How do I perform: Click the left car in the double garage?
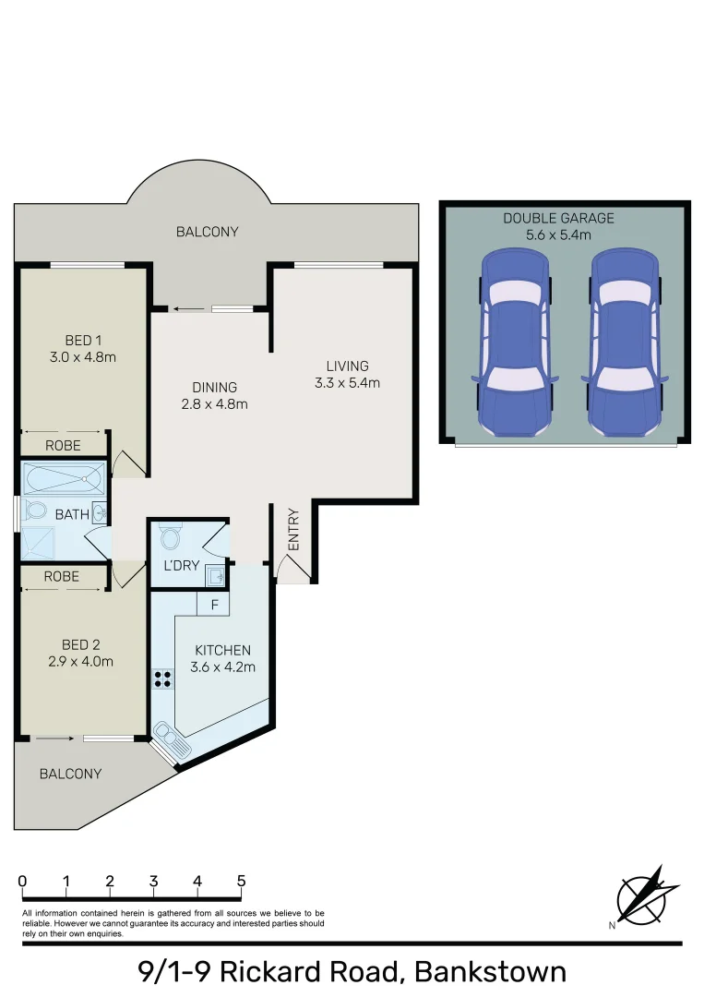pyautogui.click(x=514, y=344)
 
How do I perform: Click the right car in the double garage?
pyautogui.click(x=625, y=344)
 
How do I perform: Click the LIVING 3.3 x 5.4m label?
pyautogui.click(x=346, y=374)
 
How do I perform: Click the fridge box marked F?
pyautogui.click(x=214, y=605)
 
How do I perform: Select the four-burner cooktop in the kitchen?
pyautogui.click(x=163, y=679)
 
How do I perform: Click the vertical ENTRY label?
pyautogui.click(x=293, y=530)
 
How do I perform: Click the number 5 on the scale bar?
pyautogui.click(x=241, y=881)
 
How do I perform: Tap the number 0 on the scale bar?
pyautogui.click(x=22, y=881)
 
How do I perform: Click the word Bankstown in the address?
pyautogui.click(x=490, y=971)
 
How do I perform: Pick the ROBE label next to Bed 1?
pyautogui.click(x=63, y=446)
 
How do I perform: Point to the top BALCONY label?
pyautogui.click(x=207, y=232)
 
